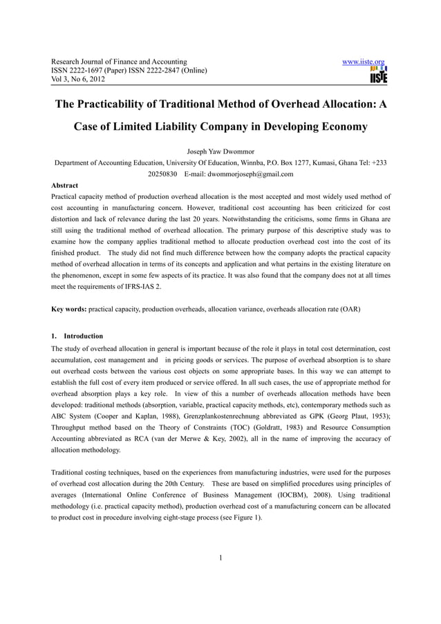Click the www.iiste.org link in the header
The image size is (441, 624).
[364, 62]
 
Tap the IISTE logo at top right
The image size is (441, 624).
[378, 75]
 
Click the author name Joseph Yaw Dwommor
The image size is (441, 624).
[220, 151]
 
